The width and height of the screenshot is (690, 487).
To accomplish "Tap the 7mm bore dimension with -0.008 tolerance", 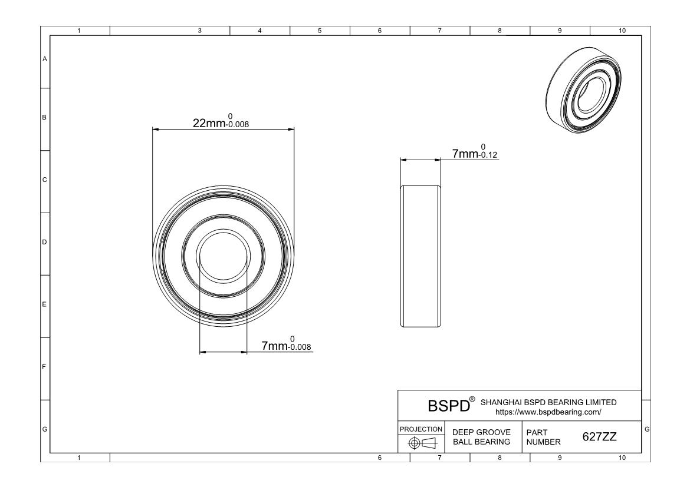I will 285,344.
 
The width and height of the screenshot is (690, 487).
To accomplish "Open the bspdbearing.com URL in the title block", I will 548,412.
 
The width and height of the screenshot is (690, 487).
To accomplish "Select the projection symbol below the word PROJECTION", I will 421,443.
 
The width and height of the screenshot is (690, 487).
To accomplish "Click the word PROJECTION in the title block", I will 421,429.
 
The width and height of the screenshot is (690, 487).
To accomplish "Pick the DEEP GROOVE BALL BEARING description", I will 481,437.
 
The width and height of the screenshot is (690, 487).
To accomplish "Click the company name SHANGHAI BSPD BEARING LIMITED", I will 548,402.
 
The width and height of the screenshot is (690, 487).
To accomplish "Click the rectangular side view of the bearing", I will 420,256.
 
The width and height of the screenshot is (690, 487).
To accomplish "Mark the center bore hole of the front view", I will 223,257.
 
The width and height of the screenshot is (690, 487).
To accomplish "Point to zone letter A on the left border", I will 45,59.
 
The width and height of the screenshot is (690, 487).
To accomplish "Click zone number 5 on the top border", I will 320,31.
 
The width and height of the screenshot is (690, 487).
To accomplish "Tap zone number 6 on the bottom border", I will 379,457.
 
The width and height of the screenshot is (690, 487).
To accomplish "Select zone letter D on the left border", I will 45,242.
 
